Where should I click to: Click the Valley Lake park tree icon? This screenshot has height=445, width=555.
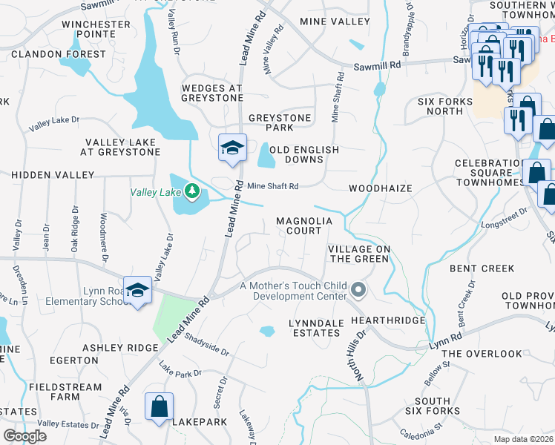pos(192,192)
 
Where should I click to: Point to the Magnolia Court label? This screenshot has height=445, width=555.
pos(299,225)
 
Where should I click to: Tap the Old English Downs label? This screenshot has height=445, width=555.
pos(304,154)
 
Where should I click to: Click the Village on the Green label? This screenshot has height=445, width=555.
pos(358,254)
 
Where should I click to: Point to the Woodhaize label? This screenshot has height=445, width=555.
pos(380,188)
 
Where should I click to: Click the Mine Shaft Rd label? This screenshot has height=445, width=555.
pos(272,186)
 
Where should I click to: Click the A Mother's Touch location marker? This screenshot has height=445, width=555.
pos(359,290)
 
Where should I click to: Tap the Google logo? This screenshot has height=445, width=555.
pos(24,436)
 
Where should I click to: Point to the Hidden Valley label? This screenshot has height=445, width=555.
pos(53,174)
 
